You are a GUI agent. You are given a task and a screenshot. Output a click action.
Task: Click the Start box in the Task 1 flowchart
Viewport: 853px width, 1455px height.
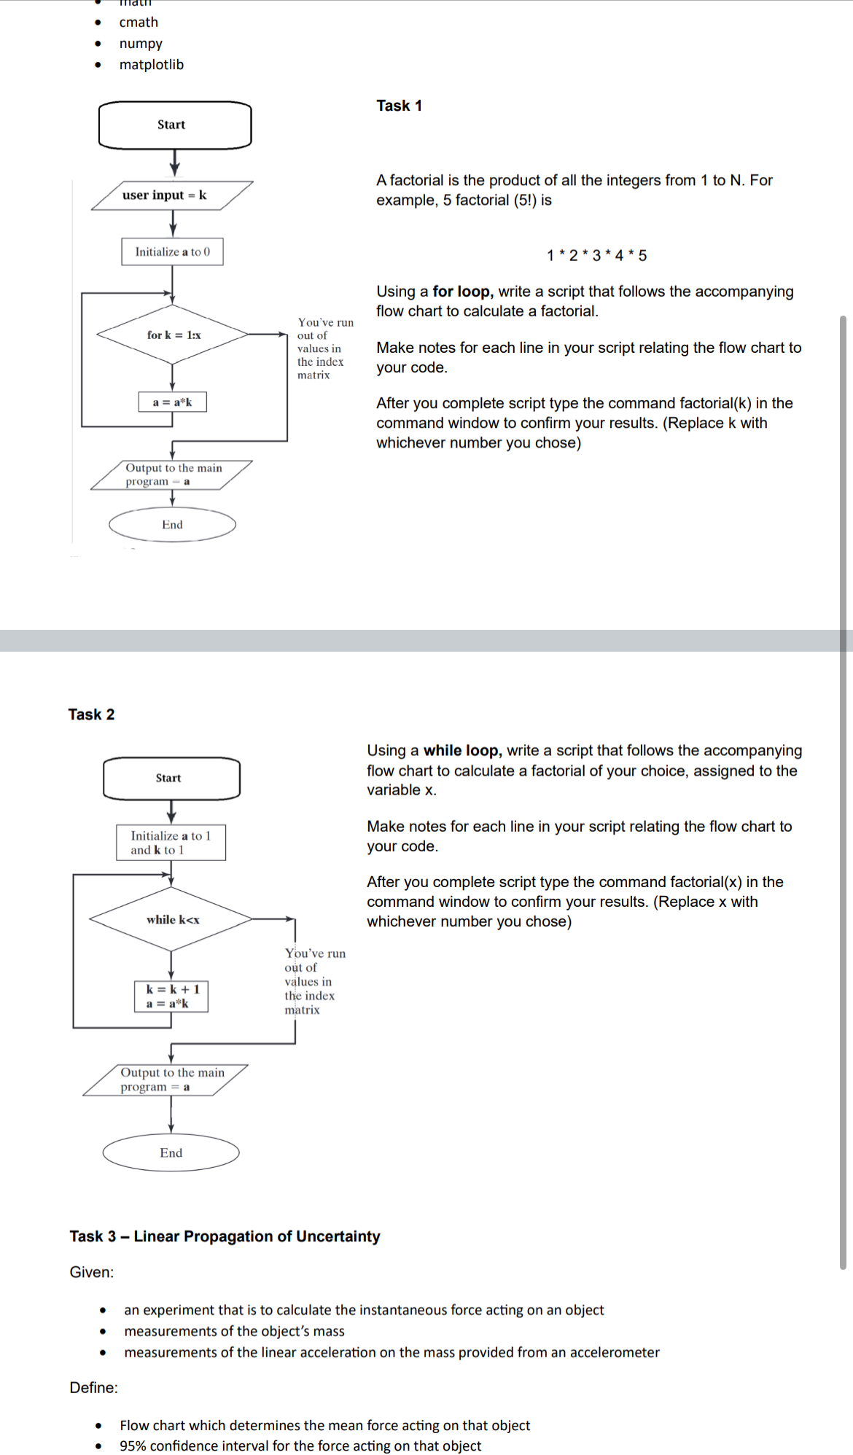click(x=175, y=125)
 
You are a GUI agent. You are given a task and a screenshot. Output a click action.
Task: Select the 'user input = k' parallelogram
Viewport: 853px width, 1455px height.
click(x=172, y=195)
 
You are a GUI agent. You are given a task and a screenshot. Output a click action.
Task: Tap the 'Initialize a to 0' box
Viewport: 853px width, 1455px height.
click(x=173, y=251)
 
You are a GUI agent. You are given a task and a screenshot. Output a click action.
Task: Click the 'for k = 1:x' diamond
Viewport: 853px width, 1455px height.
click(x=174, y=335)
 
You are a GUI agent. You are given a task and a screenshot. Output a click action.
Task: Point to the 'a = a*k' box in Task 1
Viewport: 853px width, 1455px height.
click(x=173, y=402)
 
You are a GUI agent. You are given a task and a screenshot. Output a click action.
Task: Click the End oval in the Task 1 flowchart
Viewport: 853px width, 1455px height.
click(x=173, y=525)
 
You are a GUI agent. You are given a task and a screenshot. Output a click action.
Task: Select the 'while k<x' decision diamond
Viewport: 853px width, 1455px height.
click(x=172, y=919)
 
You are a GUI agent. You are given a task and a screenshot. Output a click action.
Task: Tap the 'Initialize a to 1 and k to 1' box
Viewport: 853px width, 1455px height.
click(x=171, y=843)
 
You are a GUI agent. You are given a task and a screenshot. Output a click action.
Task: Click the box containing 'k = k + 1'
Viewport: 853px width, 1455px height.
click(x=172, y=996)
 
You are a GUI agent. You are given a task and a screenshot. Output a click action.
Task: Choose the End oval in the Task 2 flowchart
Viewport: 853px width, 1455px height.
click(x=171, y=1152)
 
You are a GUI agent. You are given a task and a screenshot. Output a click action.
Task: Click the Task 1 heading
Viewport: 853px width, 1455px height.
click(x=399, y=106)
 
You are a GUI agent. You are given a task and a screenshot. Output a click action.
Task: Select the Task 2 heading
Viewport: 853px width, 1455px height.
click(x=91, y=714)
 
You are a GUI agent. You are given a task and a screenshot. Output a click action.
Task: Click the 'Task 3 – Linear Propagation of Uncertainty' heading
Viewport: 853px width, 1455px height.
click(x=225, y=1236)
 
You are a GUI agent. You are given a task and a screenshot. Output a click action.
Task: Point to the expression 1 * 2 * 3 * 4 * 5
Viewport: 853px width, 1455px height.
click(x=596, y=255)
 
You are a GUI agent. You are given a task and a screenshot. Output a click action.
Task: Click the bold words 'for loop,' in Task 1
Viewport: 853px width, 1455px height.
click(x=463, y=292)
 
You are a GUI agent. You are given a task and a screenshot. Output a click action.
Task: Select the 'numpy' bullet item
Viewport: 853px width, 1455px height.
click(x=141, y=44)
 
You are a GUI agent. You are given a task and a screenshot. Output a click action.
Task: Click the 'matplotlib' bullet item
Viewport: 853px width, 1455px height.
click(x=152, y=65)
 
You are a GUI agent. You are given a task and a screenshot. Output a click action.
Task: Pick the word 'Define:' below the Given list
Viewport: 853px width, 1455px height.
click(x=93, y=1387)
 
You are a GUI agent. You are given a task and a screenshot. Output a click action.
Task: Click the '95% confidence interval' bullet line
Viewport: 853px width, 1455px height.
click(x=300, y=1446)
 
